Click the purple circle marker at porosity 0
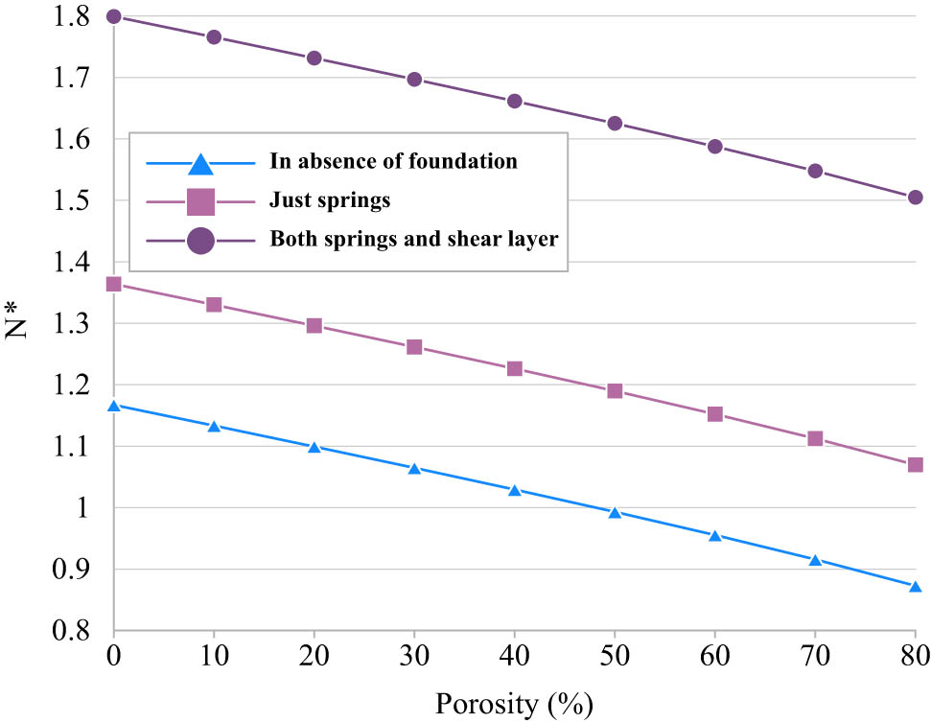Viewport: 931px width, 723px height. [114, 16]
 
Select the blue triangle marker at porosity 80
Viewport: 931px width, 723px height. [915, 587]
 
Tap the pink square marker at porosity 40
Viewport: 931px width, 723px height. [515, 368]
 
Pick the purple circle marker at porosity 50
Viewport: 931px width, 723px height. [615, 124]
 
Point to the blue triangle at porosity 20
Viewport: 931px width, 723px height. [314, 447]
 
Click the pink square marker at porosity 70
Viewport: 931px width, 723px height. [815, 438]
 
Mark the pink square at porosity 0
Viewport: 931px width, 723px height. [114, 284]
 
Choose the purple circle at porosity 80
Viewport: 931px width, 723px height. [915, 198]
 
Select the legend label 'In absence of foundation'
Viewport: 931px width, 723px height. [393, 161]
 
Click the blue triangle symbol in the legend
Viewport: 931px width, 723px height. [199, 163]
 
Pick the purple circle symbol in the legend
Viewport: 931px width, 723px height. [199, 242]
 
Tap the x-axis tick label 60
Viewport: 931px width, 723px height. [714, 662]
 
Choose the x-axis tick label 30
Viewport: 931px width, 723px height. [414, 662]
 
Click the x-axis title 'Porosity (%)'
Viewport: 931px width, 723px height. [514, 704]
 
